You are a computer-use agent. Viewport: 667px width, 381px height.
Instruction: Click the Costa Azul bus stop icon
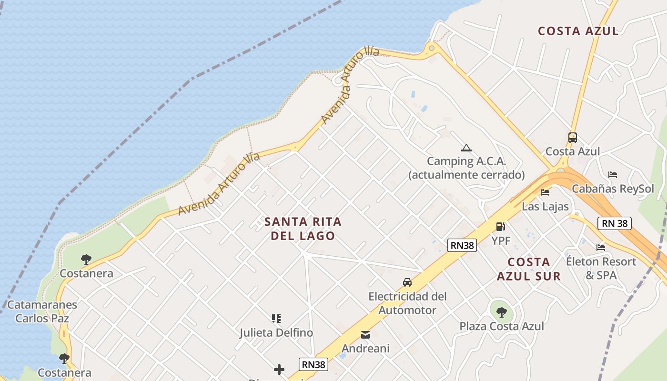573,138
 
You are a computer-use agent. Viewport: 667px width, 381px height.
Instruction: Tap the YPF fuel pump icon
501,227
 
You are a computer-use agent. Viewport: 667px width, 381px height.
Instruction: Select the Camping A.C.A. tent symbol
466,148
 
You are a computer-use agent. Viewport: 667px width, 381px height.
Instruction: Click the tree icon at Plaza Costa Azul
501,312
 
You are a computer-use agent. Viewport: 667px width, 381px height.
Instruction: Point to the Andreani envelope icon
365,335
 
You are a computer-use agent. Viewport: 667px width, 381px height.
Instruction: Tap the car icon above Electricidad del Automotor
407,282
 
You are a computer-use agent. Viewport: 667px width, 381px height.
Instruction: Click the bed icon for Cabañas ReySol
613,175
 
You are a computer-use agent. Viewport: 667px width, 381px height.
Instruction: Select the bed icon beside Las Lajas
545,192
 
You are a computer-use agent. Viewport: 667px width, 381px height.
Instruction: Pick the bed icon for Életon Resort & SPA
601,248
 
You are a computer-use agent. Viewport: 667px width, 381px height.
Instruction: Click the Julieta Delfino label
276,332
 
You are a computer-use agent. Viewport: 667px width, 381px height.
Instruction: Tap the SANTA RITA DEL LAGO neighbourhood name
303,229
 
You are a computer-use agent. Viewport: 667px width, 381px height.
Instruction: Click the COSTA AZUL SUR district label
529,269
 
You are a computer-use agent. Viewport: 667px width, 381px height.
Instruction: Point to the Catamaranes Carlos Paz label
42,311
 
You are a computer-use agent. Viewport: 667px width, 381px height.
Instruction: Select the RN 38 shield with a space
615,223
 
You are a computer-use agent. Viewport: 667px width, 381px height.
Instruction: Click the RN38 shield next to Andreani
314,364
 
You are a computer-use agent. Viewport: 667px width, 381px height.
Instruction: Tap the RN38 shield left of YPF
462,245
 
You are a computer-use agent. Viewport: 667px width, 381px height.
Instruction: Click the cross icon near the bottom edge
279,370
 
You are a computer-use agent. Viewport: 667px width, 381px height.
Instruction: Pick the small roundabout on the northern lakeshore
431,48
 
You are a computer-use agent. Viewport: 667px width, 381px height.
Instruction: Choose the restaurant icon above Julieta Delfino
276,318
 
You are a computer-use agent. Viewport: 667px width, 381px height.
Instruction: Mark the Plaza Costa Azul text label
502,326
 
